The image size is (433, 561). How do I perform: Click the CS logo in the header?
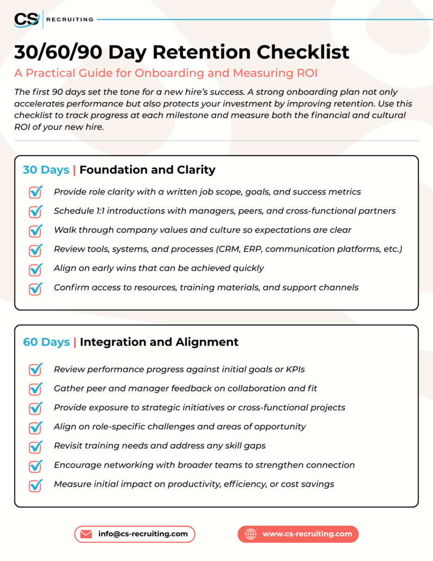tap(27, 19)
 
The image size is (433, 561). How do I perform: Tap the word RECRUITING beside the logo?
tap(70, 20)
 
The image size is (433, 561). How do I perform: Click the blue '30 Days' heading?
tap(46, 170)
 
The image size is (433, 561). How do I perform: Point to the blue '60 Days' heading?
tap(46, 342)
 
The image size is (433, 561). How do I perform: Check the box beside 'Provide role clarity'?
tap(36, 192)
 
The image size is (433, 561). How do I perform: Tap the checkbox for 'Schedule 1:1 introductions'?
tap(36, 211)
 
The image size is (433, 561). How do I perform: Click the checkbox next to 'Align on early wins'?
tap(36, 269)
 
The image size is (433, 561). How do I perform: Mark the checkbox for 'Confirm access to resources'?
tap(36, 288)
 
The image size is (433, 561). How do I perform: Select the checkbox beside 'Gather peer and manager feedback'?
tap(36, 389)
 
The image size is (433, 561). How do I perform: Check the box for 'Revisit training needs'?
tap(36, 446)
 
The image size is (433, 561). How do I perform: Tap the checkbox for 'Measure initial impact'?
tap(36, 485)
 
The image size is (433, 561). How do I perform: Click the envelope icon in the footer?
tap(86, 534)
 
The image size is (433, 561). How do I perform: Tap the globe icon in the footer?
tap(251, 534)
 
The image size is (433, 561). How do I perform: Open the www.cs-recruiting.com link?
tap(307, 534)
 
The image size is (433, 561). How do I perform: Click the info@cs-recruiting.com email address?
tap(143, 534)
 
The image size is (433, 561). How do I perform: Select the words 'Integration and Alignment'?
tap(159, 342)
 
